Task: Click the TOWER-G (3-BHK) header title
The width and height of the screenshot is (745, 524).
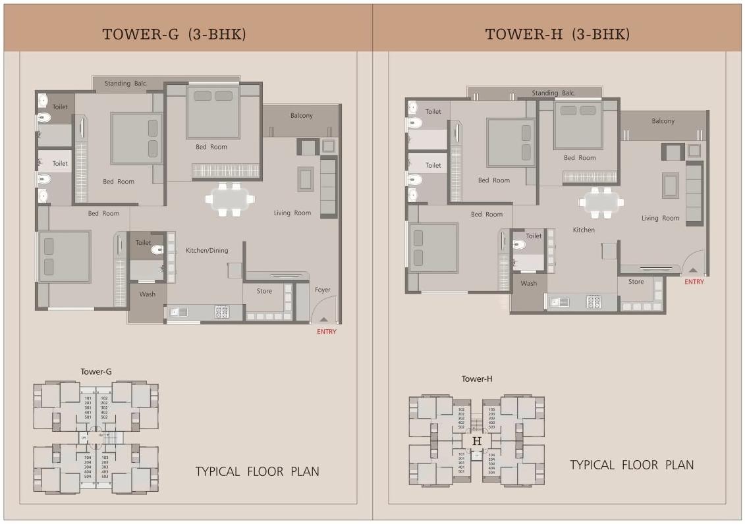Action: [x=174, y=34]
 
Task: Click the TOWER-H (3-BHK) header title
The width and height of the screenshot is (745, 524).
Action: [x=557, y=34]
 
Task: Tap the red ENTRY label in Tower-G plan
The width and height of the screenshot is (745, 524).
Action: [x=327, y=332]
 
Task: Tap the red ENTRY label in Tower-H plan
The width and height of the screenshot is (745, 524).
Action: [x=694, y=282]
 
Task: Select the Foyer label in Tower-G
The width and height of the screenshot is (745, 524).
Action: [x=323, y=290]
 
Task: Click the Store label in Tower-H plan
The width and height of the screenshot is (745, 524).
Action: [x=636, y=282]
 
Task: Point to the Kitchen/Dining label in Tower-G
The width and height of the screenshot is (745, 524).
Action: [x=207, y=251]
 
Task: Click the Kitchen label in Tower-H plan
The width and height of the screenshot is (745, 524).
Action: [x=584, y=230]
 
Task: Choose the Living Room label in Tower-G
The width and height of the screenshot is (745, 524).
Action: [x=292, y=213]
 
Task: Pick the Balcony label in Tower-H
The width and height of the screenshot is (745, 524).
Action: [x=663, y=121]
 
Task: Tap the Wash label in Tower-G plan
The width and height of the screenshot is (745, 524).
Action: [x=148, y=294]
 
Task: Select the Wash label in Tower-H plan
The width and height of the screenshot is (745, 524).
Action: [x=529, y=284]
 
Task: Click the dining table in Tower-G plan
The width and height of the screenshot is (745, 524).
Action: [x=229, y=199]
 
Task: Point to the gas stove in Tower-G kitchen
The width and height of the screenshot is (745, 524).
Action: [x=222, y=312]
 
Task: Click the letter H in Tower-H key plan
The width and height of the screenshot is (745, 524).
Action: [x=477, y=440]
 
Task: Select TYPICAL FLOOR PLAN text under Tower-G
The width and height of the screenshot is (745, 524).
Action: [x=257, y=471]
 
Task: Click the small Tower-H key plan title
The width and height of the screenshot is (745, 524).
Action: [x=477, y=379]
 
